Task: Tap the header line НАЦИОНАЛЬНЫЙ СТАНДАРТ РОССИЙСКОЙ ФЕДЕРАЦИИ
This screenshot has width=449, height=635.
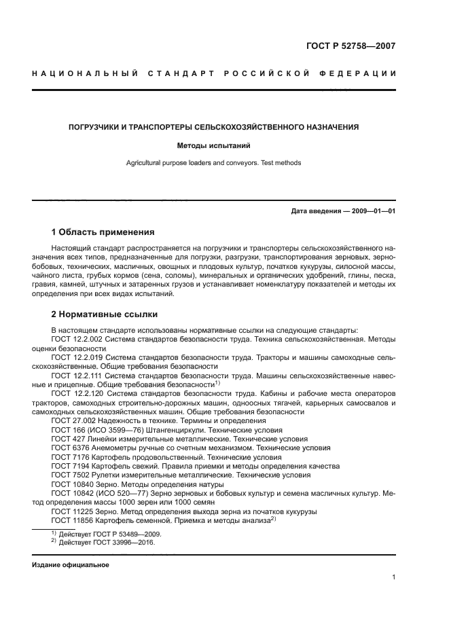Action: click(x=214, y=73)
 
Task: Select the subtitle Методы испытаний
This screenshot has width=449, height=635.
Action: click(x=214, y=145)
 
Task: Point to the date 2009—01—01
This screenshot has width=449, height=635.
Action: click(x=373, y=211)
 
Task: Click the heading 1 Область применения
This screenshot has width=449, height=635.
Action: click(x=103, y=232)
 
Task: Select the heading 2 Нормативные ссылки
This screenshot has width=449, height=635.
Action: click(x=105, y=314)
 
